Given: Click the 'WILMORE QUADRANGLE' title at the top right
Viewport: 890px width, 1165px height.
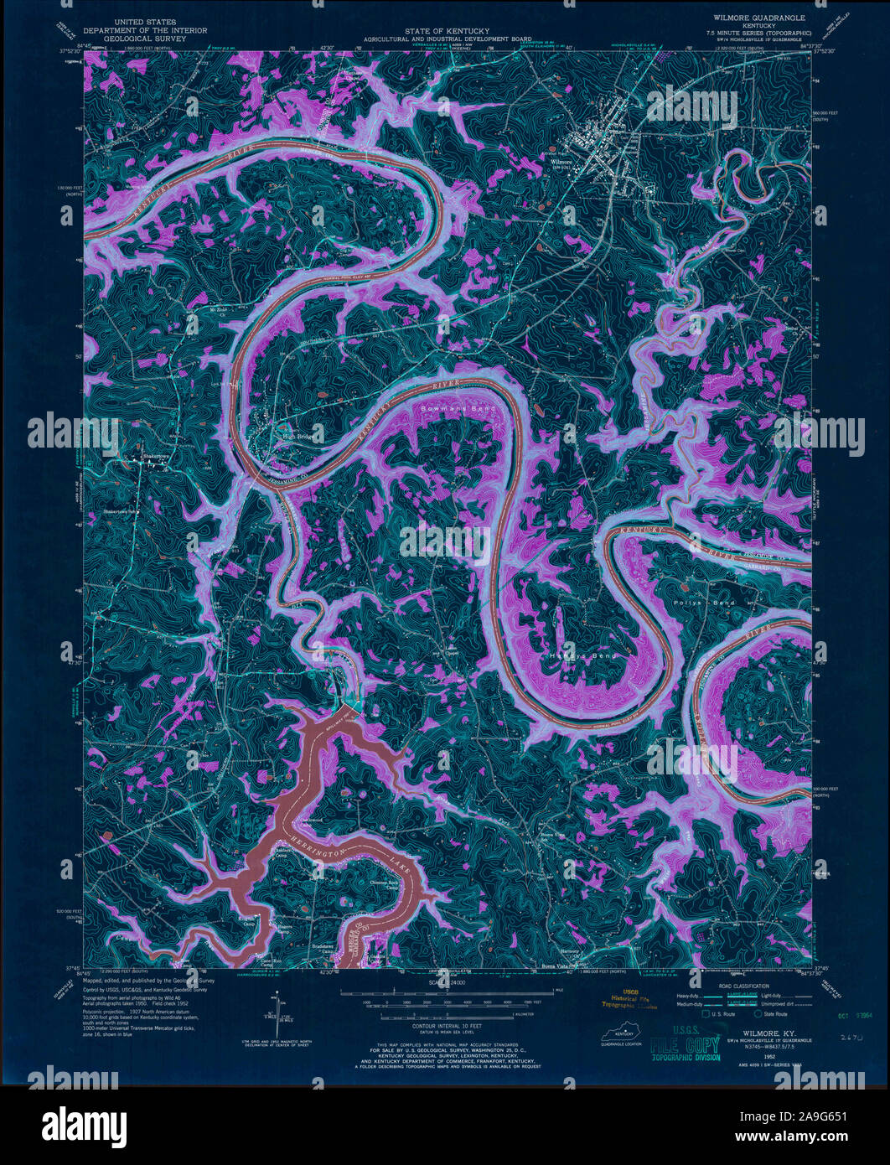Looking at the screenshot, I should tap(759, 17).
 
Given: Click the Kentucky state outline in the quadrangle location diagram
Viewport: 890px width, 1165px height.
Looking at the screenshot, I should tap(621, 1036).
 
